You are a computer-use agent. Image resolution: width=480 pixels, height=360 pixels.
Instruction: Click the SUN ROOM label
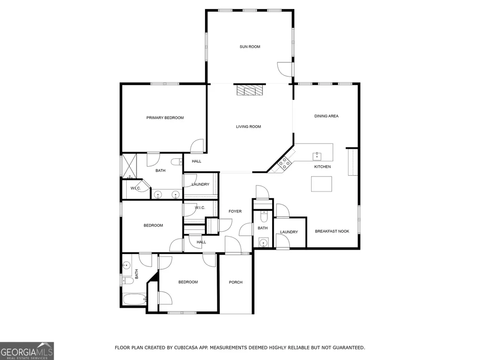pyautogui.click(x=250, y=47)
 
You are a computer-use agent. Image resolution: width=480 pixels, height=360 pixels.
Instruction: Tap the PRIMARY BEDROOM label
pyautogui.click(x=165, y=118)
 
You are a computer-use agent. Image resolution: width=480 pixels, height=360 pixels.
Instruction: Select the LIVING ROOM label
pyautogui.click(x=248, y=127)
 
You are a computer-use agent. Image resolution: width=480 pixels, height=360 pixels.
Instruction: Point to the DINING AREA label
pyautogui.click(x=326, y=116)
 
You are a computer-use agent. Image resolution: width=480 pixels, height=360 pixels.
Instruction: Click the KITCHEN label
pyautogui.click(x=323, y=167)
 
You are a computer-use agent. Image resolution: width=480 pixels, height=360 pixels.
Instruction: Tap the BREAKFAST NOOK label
pyautogui.click(x=332, y=231)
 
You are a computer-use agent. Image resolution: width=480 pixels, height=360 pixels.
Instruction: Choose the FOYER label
pyautogui.click(x=235, y=212)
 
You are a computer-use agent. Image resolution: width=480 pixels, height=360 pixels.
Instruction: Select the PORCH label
pyautogui.click(x=236, y=282)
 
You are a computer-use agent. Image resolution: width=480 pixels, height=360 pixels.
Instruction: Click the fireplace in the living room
pyautogui.click(x=250, y=90)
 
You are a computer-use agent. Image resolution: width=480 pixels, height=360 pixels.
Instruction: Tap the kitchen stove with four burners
pyautogui.click(x=284, y=163)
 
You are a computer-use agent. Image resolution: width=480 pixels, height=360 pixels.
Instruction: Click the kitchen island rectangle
pyautogui.click(x=322, y=184)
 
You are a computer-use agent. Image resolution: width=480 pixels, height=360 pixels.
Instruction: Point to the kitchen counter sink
pyautogui.click(x=317, y=156)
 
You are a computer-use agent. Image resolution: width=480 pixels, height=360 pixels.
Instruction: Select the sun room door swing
pyautogui.click(x=284, y=69)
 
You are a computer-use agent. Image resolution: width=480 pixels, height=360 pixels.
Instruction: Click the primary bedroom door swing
pyautogui.click(x=197, y=146)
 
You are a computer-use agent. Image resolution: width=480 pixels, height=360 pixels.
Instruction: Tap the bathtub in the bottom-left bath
pyautogui.click(x=135, y=300)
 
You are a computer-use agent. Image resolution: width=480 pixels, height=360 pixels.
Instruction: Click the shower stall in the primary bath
pyautogui.click(x=129, y=166)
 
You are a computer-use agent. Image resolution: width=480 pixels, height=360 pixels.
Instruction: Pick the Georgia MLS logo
pyautogui.click(x=27, y=351)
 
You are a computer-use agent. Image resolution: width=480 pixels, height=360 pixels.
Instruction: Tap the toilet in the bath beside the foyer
pyautogui.click(x=264, y=217)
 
